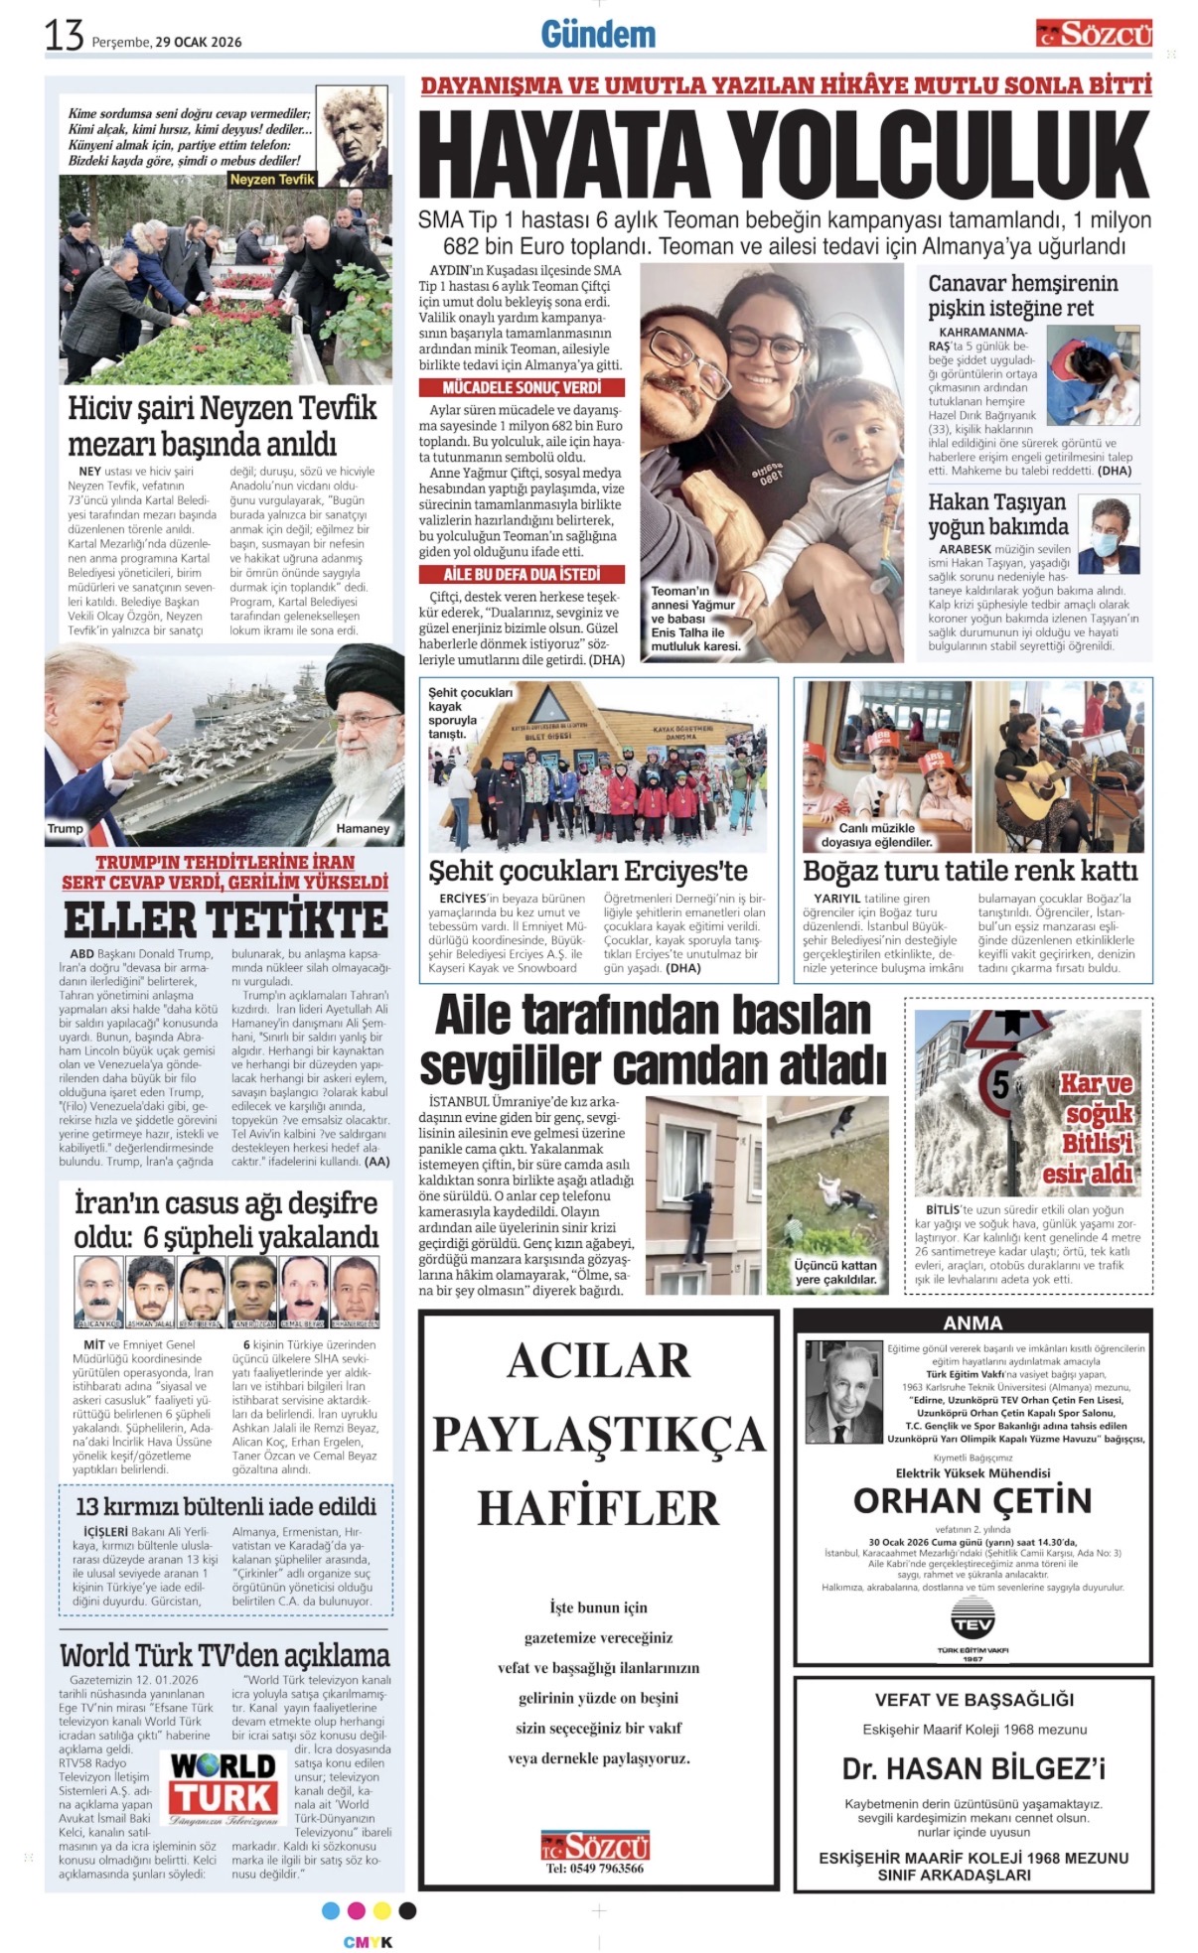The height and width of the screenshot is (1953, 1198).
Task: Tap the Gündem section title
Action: pyautogui.click(x=598, y=35)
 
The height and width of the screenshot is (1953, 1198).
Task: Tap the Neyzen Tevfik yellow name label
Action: pyautogui.click(x=271, y=180)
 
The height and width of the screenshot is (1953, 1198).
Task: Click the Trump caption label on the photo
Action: pyautogui.click(x=66, y=828)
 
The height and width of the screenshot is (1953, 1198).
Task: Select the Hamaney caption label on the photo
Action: pyautogui.click(x=363, y=828)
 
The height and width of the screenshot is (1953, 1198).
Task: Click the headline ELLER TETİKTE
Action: pyautogui.click(x=225, y=920)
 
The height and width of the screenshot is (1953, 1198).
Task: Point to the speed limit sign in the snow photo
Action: pyautogui.click(x=997, y=1083)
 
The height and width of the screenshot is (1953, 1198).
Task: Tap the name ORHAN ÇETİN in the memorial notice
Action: pyautogui.click(x=973, y=1499)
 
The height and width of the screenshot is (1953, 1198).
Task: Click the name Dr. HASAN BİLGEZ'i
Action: pyautogui.click(x=973, y=1768)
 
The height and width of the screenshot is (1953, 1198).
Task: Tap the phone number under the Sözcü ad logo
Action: pyautogui.click(x=596, y=1868)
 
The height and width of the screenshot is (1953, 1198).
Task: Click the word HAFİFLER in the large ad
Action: pyautogui.click(x=598, y=1507)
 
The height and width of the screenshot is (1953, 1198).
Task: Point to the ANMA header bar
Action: pyautogui.click(x=973, y=1323)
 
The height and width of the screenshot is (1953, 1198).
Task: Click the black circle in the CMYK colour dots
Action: pyautogui.click(x=407, y=1910)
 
